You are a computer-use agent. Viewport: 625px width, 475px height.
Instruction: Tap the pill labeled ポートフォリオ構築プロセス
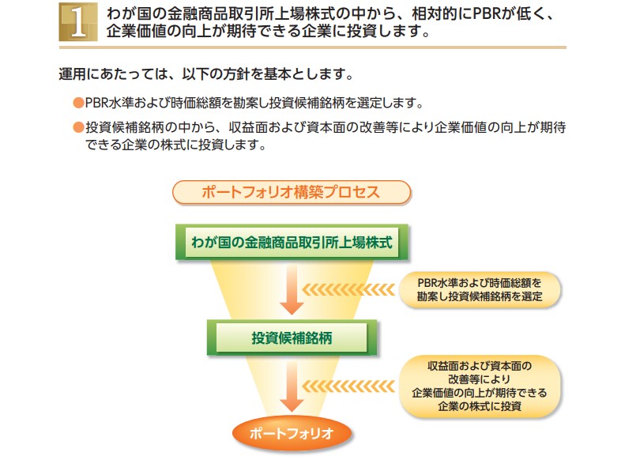[292, 192]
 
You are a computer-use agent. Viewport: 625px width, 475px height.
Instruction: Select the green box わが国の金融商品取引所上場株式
[292, 243]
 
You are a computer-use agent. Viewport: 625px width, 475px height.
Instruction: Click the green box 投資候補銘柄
[292, 337]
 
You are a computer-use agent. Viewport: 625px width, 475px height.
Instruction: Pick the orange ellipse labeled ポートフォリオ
[292, 433]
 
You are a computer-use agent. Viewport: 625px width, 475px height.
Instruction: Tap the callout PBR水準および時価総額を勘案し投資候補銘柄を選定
[479, 289]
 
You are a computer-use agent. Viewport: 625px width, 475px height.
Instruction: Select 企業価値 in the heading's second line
[133, 32]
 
